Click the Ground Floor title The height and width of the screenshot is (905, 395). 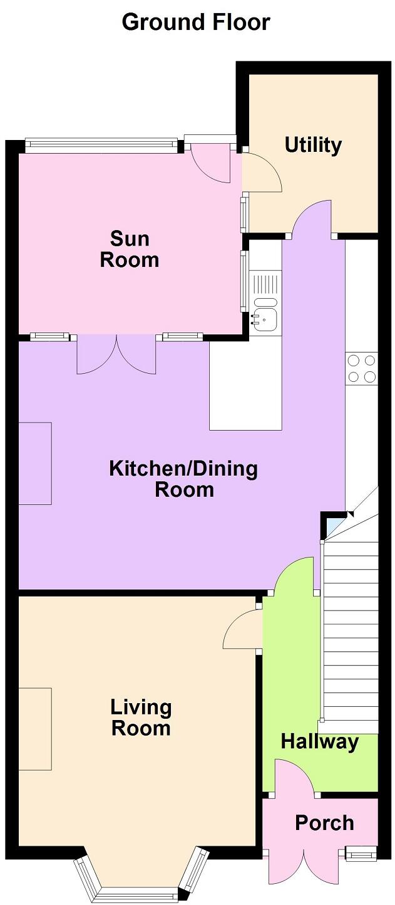tap(196, 22)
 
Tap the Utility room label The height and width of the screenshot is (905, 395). tap(313, 145)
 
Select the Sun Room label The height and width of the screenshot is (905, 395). tap(130, 249)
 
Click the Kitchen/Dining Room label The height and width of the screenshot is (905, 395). tap(183, 479)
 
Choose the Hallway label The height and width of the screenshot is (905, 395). tap(319, 742)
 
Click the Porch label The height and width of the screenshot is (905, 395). tap(324, 823)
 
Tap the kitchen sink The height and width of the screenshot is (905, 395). tap(265, 319)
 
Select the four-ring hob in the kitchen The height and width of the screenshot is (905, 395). tap(362, 368)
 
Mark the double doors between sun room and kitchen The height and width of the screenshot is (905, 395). tap(116, 355)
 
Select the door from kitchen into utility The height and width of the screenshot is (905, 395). tap(312, 220)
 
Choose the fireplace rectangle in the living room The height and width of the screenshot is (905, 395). tap(34, 729)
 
